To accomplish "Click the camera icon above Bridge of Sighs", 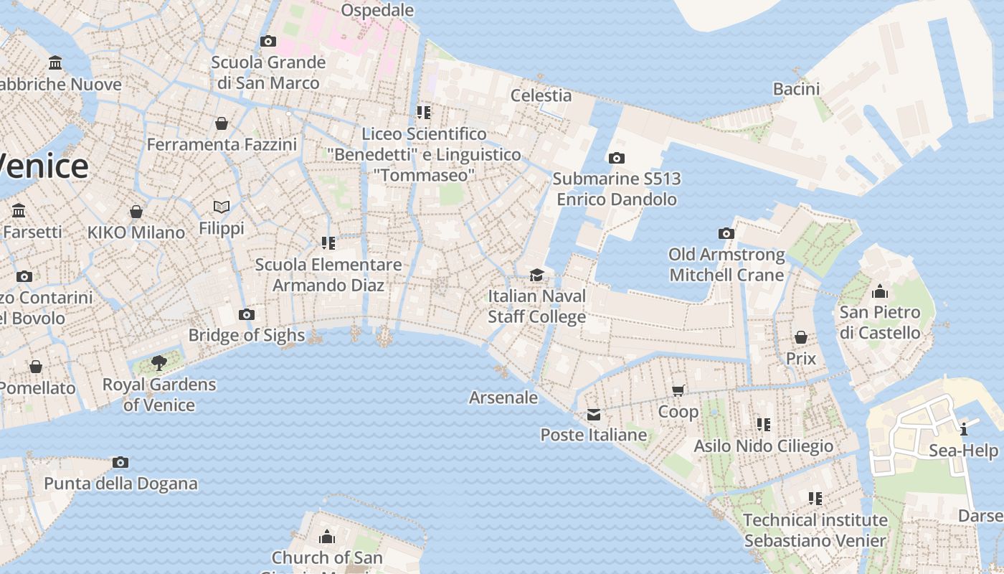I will point(247,314).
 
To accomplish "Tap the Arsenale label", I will point(503,397).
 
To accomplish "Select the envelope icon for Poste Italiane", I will point(594,415).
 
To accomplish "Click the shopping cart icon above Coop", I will point(678,391).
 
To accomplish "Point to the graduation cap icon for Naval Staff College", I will point(536,275).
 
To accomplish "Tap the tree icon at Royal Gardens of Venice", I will point(159,364).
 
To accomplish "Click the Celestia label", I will point(541,95).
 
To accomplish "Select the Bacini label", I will point(796,89).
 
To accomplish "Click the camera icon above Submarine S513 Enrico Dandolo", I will point(616,158).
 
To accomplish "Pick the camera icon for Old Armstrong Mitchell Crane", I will point(726,233).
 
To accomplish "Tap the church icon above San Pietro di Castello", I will point(879,291).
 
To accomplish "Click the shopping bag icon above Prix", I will point(801,337).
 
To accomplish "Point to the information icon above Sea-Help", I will point(964,430).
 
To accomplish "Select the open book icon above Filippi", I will point(222,207).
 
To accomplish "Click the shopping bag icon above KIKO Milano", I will point(136,212).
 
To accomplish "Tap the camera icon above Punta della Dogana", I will point(120,462).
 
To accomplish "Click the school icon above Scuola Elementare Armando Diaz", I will point(328,243).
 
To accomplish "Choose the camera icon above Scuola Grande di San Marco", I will point(268,42).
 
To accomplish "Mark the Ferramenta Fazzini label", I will point(222,144).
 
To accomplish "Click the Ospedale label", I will point(377,10).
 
